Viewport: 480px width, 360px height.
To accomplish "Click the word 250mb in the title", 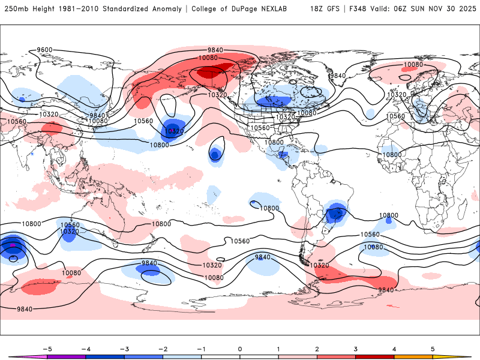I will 16,9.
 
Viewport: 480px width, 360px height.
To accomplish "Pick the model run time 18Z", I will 318,9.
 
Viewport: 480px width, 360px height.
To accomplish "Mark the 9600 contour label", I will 45,50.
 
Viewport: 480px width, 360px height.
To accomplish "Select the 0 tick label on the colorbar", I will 239,348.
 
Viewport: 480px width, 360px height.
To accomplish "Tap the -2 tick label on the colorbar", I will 162,348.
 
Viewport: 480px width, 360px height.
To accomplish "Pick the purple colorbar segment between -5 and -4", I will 66,356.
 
